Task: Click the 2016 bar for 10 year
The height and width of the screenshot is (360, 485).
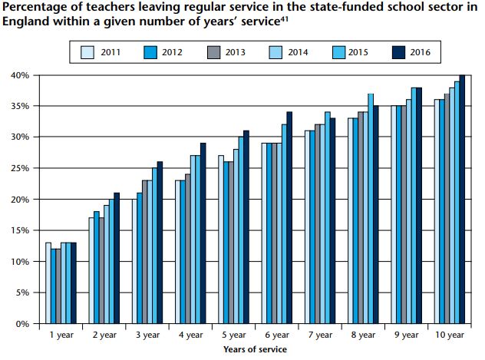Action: click(463, 199)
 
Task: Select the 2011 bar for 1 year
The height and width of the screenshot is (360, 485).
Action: click(48, 283)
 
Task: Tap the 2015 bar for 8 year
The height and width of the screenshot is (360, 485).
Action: click(371, 209)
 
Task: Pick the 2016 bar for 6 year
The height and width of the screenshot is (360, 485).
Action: click(289, 218)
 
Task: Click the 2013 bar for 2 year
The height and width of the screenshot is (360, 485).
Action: click(101, 271)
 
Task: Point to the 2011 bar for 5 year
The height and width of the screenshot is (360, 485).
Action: click(221, 239)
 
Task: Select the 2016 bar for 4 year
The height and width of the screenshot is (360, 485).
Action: click(203, 233)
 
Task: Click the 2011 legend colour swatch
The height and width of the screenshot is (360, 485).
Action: click(87, 52)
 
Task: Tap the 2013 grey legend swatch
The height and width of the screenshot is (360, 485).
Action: click(213, 52)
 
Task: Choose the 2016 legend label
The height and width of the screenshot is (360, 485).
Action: click(420, 52)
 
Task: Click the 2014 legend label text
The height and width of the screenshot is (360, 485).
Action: click(298, 52)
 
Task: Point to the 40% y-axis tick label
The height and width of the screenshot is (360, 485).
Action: click(19, 75)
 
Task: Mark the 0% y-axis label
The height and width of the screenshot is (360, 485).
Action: click(22, 324)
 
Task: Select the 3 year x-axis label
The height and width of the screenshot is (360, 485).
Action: click(147, 335)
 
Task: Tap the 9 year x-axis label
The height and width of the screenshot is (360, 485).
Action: click(406, 335)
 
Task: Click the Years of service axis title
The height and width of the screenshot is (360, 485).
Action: click(256, 349)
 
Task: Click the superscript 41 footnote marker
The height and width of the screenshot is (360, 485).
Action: click(284, 19)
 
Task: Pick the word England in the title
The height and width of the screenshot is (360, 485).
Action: click(25, 22)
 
